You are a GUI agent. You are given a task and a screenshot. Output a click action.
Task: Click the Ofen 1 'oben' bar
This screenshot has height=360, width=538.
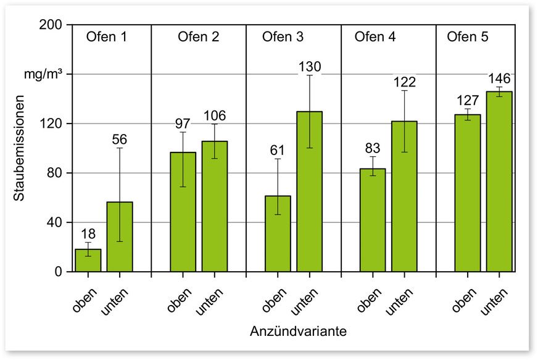coord(88,260)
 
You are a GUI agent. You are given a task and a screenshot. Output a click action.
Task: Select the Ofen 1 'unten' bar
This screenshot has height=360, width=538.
coord(120,237)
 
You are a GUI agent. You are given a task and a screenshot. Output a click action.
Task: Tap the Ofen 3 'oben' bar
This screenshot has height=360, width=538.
coord(278,233)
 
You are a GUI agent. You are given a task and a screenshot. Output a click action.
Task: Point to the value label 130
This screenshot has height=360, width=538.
coord(310,67)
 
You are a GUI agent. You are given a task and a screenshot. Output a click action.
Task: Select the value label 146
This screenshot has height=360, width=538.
coord(500,78)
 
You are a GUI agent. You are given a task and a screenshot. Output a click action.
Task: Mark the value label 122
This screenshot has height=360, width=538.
coord(405,82)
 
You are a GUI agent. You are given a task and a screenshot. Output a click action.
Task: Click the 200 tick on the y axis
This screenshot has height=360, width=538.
coord(52,25)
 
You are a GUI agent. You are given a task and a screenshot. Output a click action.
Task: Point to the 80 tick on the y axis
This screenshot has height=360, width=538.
coord(56,173)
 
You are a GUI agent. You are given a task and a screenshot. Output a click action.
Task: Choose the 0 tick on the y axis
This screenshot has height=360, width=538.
coord(59,272)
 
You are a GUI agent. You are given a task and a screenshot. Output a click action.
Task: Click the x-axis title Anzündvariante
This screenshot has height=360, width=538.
coord(298,332)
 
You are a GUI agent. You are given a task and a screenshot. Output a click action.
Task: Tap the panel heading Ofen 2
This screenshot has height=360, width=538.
coord(198,37)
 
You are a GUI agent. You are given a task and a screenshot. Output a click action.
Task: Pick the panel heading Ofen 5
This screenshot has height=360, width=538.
coord(468,37)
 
